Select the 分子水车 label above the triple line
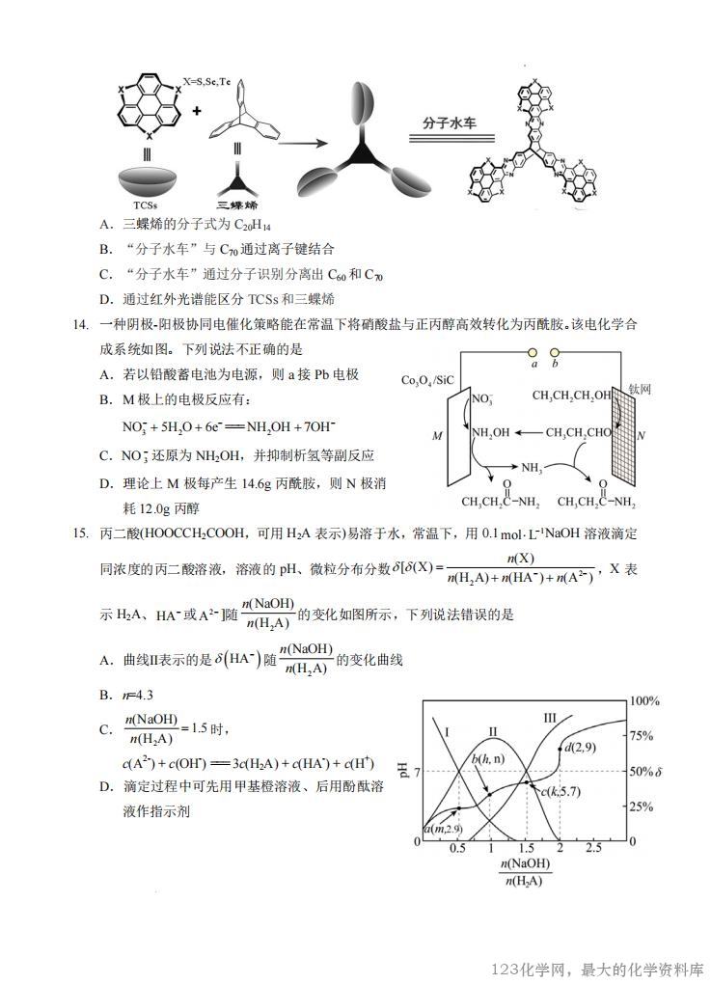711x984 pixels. click(451, 123)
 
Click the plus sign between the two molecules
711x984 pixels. click(197, 112)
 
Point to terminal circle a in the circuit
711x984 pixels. click(533, 353)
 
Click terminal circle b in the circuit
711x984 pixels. click(555, 353)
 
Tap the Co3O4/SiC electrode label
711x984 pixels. click(427, 380)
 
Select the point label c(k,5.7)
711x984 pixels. click(563, 791)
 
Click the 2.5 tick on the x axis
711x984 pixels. click(593, 848)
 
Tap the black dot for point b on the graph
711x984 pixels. click(489, 793)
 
